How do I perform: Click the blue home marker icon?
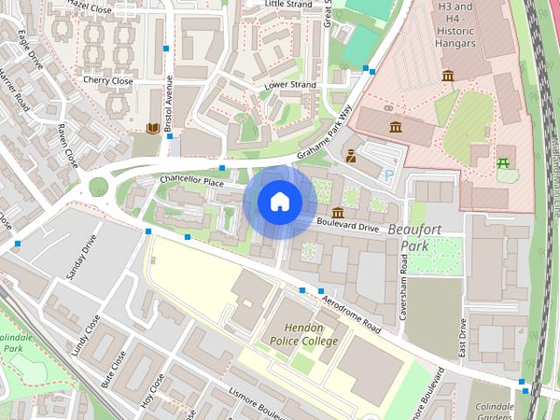click(279, 202)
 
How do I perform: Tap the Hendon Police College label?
click(304, 334)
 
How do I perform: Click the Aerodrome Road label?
click(352, 312)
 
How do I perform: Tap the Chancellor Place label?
click(192, 180)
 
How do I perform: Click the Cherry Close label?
click(108, 81)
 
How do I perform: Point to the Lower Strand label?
click(290, 85)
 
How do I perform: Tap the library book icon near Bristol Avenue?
click(153, 129)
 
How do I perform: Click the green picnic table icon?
click(503, 163)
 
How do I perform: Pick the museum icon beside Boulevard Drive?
click(338, 213)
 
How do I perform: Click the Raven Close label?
click(67, 145)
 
